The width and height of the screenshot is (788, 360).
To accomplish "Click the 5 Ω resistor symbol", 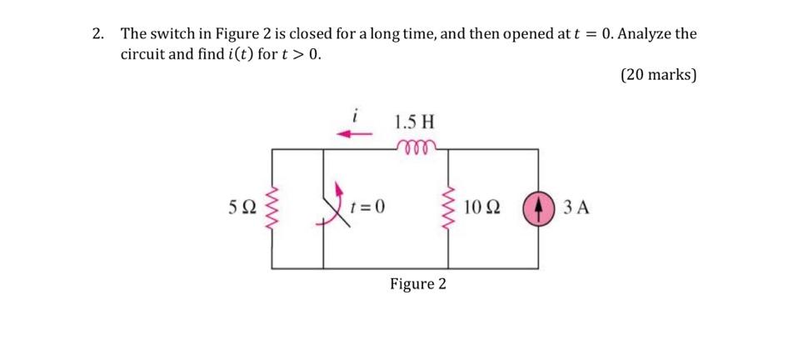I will tap(272, 207).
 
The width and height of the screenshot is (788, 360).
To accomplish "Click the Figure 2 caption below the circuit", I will tap(417, 284).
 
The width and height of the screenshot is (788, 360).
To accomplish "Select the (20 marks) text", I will tap(658, 75).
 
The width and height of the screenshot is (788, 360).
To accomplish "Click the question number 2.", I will tap(97, 34).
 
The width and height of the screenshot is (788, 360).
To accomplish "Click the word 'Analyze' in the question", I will tap(646, 34).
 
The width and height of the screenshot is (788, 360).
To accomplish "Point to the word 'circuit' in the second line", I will tap(145, 55).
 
